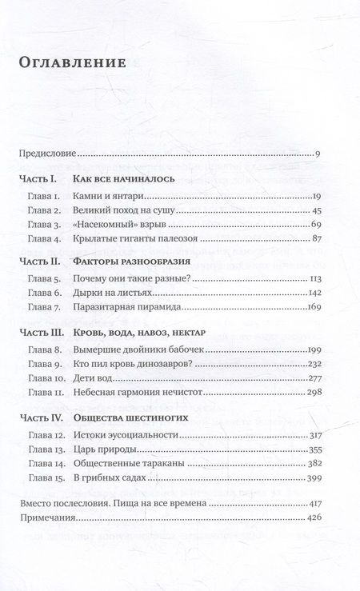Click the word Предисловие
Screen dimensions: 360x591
48,153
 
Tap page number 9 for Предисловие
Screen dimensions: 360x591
318,153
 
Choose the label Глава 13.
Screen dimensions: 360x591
44,449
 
